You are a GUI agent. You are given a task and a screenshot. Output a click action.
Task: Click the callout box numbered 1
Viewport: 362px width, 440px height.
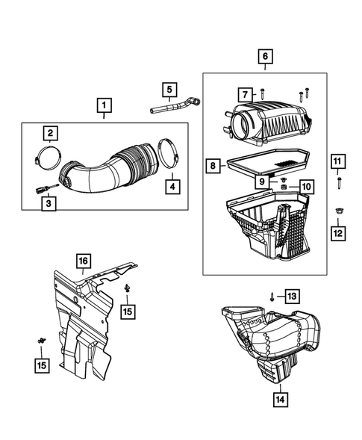coord(104,105)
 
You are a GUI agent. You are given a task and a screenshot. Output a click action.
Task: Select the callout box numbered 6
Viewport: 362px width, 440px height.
coord(265,56)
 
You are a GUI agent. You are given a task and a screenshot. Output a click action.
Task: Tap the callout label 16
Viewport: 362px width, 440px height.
coord(82,260)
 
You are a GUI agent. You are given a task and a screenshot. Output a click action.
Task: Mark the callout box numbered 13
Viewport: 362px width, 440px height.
coord(291,296)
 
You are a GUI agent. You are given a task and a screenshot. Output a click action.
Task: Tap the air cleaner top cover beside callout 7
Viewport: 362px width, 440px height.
coord(272,120)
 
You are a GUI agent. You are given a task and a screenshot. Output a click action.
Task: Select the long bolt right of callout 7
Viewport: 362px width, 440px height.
coord(265,94)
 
